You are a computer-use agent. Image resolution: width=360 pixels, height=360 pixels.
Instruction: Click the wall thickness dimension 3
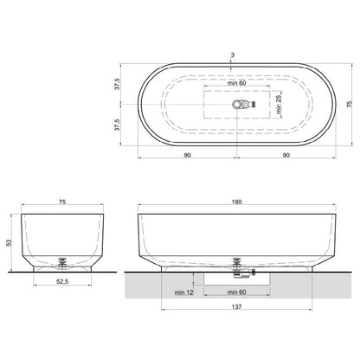click(233, 55)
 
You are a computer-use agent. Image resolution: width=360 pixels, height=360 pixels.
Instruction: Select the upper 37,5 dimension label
click(117, 83)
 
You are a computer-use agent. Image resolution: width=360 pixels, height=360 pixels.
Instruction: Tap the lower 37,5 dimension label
click(117, 125)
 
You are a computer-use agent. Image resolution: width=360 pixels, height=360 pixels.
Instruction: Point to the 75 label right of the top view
click(349, 104)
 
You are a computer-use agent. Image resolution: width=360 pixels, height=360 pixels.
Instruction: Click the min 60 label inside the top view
click(236, 83)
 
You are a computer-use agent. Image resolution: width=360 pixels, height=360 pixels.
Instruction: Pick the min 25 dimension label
click(279, 104)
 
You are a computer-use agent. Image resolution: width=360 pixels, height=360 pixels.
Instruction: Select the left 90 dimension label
click(187, 155)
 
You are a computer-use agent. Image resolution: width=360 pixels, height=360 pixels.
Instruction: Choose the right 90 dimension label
click(286, 155)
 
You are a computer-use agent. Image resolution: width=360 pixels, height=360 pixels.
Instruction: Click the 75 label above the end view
click(62, 202)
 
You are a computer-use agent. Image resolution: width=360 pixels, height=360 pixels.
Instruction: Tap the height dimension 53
click(10, 242)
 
